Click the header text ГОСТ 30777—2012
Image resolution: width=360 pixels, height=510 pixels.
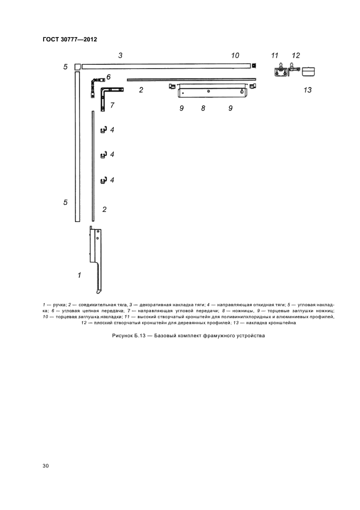tap(66, 39)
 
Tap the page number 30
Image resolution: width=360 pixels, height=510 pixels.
tap(46, 465)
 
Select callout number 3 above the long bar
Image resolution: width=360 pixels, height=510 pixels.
tap(120, 56)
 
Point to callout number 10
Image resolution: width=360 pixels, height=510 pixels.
tap(235, 56)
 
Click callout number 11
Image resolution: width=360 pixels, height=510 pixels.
tap(274, 56)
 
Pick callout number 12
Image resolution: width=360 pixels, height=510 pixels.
tap(296, 56)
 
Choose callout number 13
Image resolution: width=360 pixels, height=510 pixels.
tap(307, 90)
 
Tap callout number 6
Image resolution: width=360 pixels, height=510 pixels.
tap(108, 77)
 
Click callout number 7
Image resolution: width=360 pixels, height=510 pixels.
tap(112, 105)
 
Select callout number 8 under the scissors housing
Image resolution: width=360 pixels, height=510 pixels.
tap(203, 108)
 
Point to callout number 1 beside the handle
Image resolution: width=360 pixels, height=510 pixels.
tap(79, 276)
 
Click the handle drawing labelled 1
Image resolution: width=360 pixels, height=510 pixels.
tap(96, 256)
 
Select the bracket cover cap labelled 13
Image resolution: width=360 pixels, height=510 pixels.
tap(309, 71)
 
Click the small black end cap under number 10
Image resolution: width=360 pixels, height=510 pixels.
tap(253, 66)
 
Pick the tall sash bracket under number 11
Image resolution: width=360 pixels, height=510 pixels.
tap(280, 71)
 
